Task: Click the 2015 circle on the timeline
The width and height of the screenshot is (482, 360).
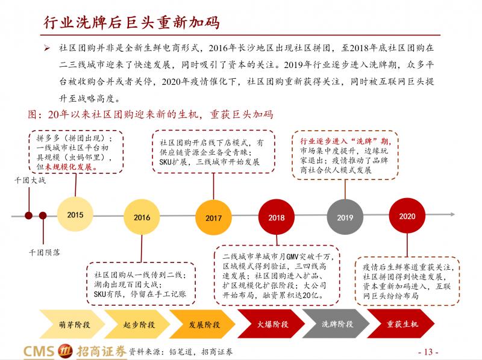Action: tap(75, 214)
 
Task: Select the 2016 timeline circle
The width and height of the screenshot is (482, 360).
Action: tap(142, 217)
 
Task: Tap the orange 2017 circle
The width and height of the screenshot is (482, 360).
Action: tap(213, 218)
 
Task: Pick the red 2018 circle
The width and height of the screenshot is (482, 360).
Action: tap(277, 217)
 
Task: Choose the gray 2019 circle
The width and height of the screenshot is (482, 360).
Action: tap(345, 217)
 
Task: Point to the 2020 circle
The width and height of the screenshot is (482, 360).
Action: tap(407, 216)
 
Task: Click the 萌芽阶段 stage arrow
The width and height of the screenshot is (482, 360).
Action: tap(72, 324)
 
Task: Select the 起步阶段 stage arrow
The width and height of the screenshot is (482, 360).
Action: tap(137, 324)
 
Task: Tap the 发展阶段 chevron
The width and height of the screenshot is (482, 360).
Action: tap(202, 324)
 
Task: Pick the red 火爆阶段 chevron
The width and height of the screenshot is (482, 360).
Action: tap(271, 324)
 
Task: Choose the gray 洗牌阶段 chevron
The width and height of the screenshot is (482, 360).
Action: tap(336, 324)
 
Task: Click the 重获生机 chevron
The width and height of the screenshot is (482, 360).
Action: tap(401, 324)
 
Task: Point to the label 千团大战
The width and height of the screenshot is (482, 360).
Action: tap(30, 180)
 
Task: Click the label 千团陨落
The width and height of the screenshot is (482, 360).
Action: tap(44, 252)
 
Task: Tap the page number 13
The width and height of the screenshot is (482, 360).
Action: tap(428, 352)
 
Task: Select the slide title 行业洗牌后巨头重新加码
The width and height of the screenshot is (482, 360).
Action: tap(131, 22)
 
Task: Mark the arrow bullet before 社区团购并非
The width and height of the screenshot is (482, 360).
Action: tap(47, 48)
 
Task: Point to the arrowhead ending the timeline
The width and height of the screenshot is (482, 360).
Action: tap(452, 214)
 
